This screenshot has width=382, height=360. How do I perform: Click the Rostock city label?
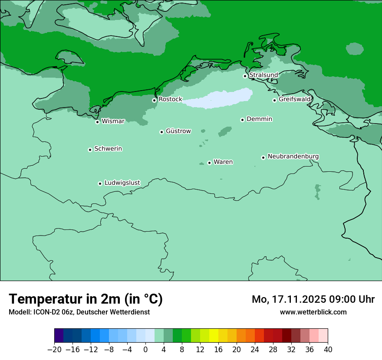click(x=170, y=99)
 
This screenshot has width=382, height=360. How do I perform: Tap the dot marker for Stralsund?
click(x=245, y=76)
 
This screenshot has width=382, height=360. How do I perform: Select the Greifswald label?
click(x=295, y=99)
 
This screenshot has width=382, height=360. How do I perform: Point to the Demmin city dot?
click(x=242, y=120)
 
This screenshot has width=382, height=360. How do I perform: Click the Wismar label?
click(x=113, y=121)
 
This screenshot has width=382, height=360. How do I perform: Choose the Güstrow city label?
click(x=178, y=131)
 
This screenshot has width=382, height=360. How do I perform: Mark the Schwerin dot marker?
click(x=90, y=150)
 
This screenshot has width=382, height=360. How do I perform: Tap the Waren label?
click(x=223, y=162)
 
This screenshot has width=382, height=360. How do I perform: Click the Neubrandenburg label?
click(x=293, y=156)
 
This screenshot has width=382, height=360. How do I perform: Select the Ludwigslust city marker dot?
click(x=100, y=183)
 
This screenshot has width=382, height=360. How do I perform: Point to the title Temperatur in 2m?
click(x=86, y=299)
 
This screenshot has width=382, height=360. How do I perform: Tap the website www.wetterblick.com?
click(x=313, y=312)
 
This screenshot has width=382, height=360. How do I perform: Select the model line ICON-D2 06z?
click(x=79, y=312)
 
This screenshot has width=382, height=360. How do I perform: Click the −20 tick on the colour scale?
click(x=54, y=350)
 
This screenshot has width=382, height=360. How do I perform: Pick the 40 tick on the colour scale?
click(x=328, y=350)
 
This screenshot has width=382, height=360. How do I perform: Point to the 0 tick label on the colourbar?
click(x=145, y=350)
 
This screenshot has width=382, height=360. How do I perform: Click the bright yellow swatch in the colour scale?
click(x=214, y=336)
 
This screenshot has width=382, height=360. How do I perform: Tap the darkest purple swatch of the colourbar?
click(x=59, y=336)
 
